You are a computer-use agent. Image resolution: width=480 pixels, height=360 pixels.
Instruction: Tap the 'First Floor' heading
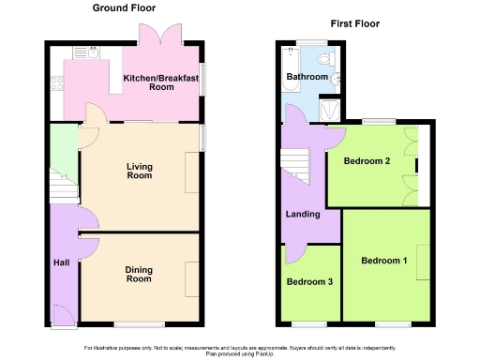[355, 22]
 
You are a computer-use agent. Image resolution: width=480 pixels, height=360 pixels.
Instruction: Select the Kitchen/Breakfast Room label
[161, 82]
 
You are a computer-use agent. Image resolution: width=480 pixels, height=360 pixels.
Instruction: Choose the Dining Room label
[139, 274]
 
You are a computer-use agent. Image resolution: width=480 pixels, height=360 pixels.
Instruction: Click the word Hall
[61, 262]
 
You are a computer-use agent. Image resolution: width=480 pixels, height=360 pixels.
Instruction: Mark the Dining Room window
[139, 324]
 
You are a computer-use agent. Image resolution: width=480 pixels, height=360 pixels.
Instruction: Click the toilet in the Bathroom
[336, 77]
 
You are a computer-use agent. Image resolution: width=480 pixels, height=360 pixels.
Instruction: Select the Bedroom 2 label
[367, 161]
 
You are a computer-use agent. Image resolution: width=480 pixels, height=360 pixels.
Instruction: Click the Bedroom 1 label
[384, 261]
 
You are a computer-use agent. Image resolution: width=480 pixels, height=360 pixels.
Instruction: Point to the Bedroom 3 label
[309, 281]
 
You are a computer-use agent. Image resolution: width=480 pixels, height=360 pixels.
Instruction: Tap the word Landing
[303, 215]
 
